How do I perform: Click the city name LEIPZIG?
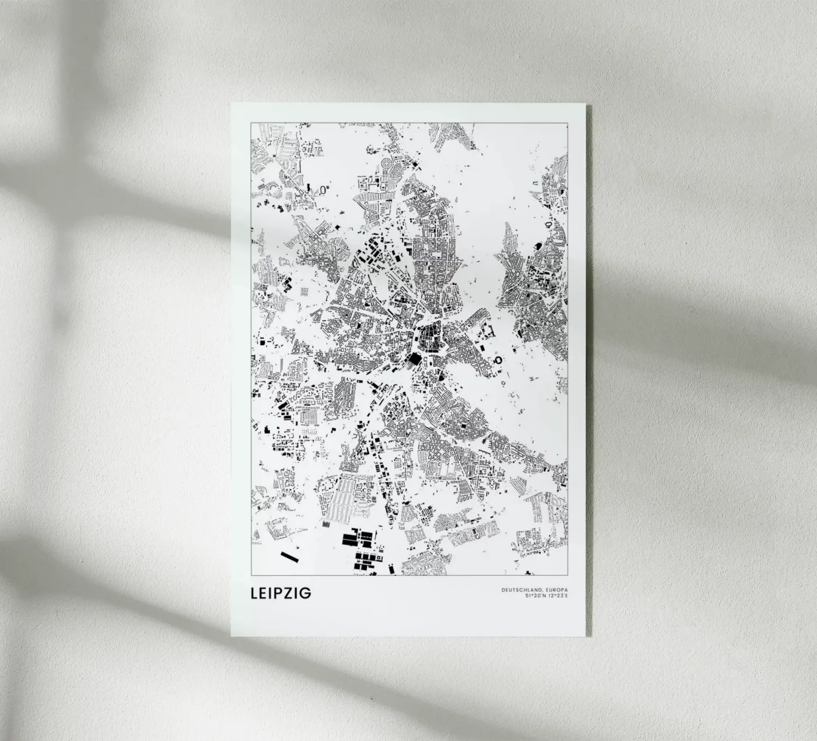(x=281, y=593)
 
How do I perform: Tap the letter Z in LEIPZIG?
(x=292, y=593)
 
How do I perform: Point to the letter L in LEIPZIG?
(x=254, y=593)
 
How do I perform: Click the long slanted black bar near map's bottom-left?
(x=289, y=557)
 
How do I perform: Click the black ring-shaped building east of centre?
(x=498, y=360)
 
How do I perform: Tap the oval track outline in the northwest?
(x=324, y=189)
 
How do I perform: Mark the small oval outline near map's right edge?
(x=549, y=224)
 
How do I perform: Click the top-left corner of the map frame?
(x=251, y=123)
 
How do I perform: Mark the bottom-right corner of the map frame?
(x=568, y=575)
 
